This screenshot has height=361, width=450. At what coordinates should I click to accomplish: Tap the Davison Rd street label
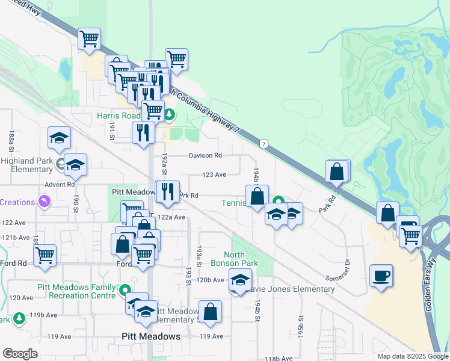pyautogui.click(x=205, y=155)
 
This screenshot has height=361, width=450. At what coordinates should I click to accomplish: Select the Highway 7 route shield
pyautogui.click(x=264, y=144)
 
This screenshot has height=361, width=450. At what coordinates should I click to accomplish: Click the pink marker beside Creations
pyautogui.click(x=43, y=202)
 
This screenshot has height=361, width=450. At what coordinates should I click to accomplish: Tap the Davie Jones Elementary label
pyautogui.click(x=289, y=289)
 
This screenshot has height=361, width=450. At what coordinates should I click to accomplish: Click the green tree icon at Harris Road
pyautogui.click(x=170, y=114)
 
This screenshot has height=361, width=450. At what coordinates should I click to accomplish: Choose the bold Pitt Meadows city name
pyautogui.click(x=151, y=336)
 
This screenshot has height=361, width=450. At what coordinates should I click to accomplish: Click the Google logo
pyautogui.click(x=20, y=353)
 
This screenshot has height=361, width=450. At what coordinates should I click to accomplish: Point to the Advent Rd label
pyautogui.click(x=62, y=184)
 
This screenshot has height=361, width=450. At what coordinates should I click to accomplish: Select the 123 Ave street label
pyautogui.click(x=214, y=175)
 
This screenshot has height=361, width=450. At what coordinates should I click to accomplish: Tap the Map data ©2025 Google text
pyautogui.click(x=413, y=356)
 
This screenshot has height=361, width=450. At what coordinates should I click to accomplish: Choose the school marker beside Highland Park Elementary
pyautogui.click(x=75, y=165)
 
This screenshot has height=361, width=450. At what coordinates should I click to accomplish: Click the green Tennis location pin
pyautogui.click(x=278, y=202)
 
